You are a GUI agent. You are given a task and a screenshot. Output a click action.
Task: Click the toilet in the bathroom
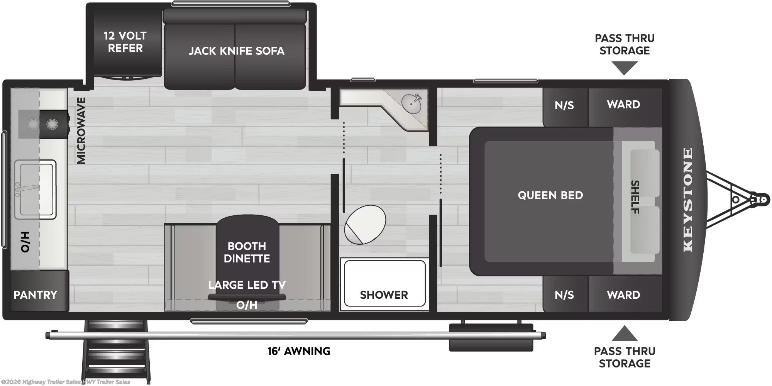[365, 224]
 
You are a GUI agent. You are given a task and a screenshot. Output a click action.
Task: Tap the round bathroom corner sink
[411, 103]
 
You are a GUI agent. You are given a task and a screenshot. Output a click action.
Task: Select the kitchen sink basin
[35, 189]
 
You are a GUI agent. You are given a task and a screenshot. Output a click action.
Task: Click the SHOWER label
[384, 295]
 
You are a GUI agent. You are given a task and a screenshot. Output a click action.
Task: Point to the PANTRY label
[35, 295]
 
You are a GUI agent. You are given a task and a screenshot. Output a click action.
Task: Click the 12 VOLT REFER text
[125, 42]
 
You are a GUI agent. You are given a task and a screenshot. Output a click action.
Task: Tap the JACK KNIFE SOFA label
[236, 51]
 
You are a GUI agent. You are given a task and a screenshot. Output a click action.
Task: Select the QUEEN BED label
[550, 195]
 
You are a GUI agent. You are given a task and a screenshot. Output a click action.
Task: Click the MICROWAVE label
[81, 130]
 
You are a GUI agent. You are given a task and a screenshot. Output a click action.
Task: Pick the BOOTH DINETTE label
[247, 252]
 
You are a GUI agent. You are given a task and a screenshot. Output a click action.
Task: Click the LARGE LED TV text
[247, 285]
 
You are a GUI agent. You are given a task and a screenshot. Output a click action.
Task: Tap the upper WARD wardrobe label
[623, 105]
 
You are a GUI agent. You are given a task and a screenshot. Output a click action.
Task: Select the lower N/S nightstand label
[564, 295]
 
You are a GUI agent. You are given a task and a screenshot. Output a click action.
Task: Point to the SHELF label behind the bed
[635, 197]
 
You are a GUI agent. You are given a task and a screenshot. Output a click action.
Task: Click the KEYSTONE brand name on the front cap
[688, 200]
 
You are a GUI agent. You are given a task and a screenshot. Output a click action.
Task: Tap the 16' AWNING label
[299, 351]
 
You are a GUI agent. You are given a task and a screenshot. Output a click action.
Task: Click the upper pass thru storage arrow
[624, 68]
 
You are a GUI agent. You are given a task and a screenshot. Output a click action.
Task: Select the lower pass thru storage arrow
[624, 334]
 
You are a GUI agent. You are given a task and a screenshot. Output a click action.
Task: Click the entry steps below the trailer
[115, 351]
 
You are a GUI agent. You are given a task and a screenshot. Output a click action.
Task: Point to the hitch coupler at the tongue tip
[761, 200]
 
